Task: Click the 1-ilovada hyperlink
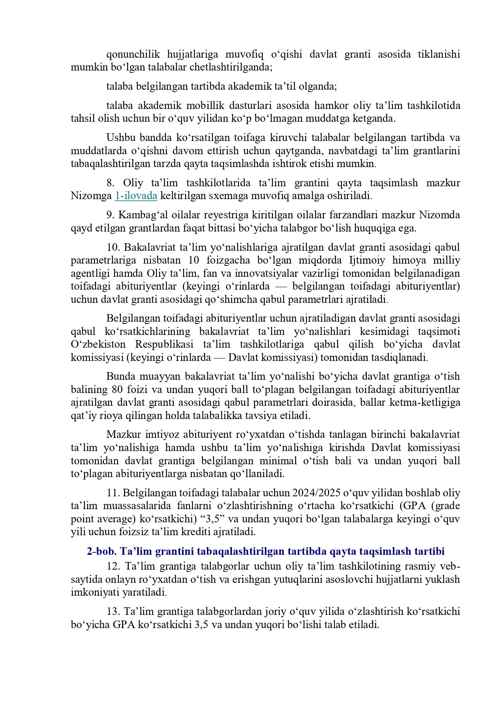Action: point(136,196)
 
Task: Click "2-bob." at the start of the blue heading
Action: point(102,551)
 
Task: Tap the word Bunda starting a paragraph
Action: point(120,377)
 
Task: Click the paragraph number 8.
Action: point(110,183)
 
